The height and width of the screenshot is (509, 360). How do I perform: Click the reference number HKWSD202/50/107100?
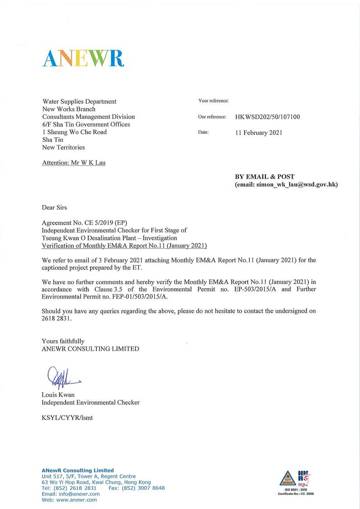point(267,117)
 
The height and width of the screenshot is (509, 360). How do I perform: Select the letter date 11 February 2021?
point(258,132)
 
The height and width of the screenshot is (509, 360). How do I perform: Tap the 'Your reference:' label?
point(213,101)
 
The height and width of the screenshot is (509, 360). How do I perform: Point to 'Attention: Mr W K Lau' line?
point(73,163)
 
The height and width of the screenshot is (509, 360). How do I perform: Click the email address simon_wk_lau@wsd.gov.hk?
point(286,184)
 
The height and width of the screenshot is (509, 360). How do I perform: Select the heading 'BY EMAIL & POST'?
point(264,176)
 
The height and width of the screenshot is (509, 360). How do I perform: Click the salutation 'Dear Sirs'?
point(54,208)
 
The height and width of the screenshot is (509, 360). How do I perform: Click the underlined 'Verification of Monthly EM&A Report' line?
point(124,246)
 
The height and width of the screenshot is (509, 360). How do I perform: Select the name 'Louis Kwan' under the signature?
point(58,395)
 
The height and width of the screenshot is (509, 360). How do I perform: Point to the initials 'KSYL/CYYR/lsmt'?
point(67,417)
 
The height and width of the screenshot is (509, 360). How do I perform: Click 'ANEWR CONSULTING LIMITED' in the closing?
point(90,349)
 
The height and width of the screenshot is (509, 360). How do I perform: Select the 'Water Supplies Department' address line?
point(79,102)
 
